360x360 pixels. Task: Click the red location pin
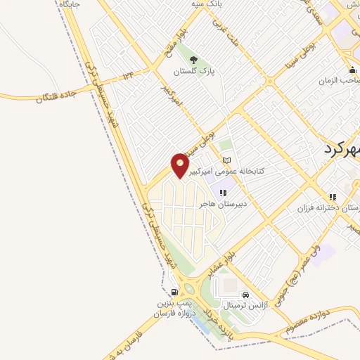tap(181, 165)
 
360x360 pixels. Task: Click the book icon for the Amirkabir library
tap(226, 161)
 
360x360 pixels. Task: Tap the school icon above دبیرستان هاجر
tap(222, 193)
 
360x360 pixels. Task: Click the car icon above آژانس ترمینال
tap(245, 295)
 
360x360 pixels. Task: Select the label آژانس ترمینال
tap(245, 307)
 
